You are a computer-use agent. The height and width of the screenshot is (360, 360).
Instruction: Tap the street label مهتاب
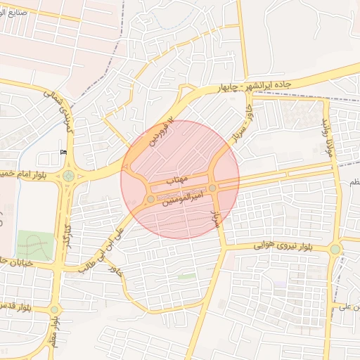(x=175, y=181)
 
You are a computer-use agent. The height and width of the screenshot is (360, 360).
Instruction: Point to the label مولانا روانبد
(x=326, y=134)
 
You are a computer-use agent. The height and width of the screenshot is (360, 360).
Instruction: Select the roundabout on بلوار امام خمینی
(x=68, y=176)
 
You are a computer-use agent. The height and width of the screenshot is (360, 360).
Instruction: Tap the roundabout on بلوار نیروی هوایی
(x=335, y=249)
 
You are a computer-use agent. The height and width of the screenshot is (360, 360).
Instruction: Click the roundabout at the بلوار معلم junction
(x=55, y=309)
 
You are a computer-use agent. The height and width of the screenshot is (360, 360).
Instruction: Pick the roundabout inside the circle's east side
(x=212, y=188)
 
